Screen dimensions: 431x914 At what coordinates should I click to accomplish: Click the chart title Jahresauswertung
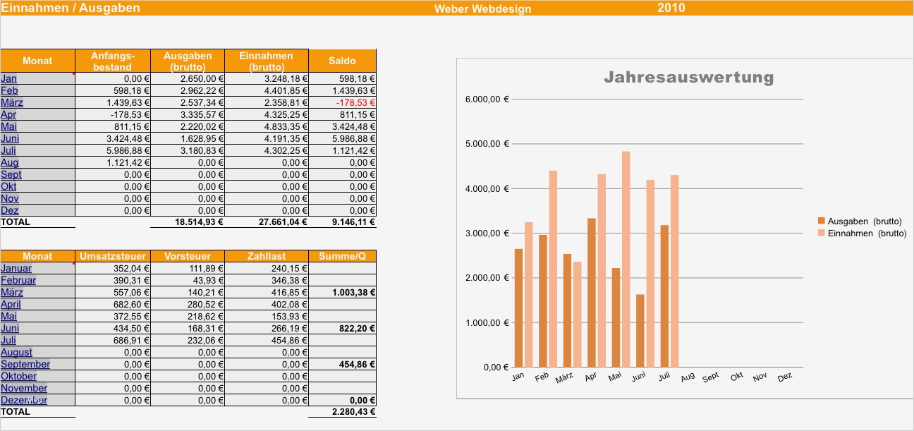(688, 77)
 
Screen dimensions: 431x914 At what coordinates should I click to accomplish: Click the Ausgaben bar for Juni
(640, 330)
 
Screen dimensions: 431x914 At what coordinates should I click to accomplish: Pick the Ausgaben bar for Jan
(518, 308)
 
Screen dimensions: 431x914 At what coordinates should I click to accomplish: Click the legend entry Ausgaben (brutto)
(861, 221)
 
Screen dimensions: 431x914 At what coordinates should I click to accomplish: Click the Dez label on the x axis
(784, 377)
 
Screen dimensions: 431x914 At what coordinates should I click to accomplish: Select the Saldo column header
(342, 61)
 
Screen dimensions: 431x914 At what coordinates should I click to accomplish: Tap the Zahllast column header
(266, 256)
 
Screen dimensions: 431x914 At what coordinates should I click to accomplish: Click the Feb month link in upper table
(10, 91)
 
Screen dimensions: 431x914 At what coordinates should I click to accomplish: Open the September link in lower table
(25, 365)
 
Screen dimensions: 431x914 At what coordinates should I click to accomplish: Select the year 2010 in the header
(671, 8)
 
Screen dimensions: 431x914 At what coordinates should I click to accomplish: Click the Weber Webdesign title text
(482, 9)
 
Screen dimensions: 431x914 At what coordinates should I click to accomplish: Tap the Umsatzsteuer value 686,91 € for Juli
(131, 341)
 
